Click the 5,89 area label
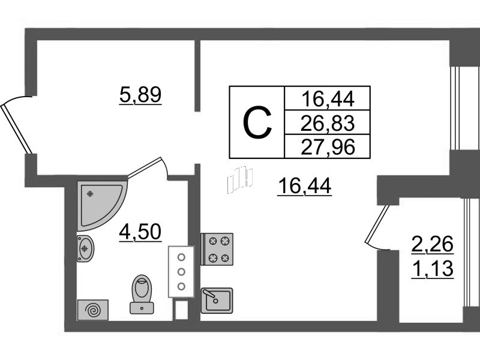[x=141, y=95]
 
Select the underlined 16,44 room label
[x=305, y=188]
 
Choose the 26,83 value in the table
[x=328, y=123]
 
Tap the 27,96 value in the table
[x=328, y=146]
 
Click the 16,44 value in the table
[x=328, y=97]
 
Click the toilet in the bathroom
[x=142, y=293]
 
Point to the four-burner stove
[x=217, y=249]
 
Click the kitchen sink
[x=217, y=298]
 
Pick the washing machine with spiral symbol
[x=93, y=310]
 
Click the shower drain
[x=90, y=194]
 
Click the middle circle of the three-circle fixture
[x=181, y=271]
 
